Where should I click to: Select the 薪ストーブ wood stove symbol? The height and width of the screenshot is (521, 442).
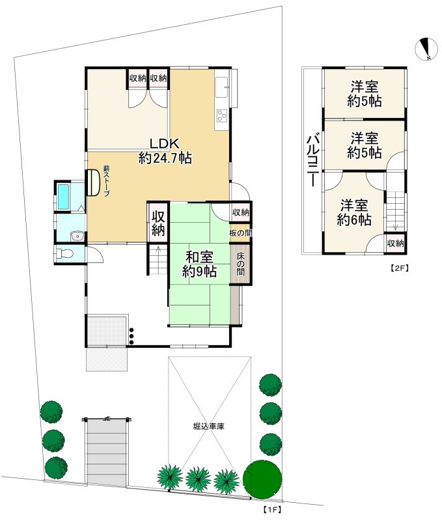[94, 182]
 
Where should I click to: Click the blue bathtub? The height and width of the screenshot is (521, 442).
[64, 197]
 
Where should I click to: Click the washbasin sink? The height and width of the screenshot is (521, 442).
[76, 236]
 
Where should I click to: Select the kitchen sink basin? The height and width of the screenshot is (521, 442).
[221, 87]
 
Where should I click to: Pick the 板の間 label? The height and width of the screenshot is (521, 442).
[240, 232]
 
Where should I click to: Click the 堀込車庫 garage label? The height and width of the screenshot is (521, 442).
[209, 427]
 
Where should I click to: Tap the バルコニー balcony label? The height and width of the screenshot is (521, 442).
[312, 160]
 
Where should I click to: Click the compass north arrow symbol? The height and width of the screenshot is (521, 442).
[426, 49]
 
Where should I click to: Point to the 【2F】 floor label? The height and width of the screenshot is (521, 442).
[398, 266]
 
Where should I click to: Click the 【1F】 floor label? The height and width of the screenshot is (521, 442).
[271, 509]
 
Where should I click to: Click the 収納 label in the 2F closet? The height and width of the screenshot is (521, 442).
[395, 244]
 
